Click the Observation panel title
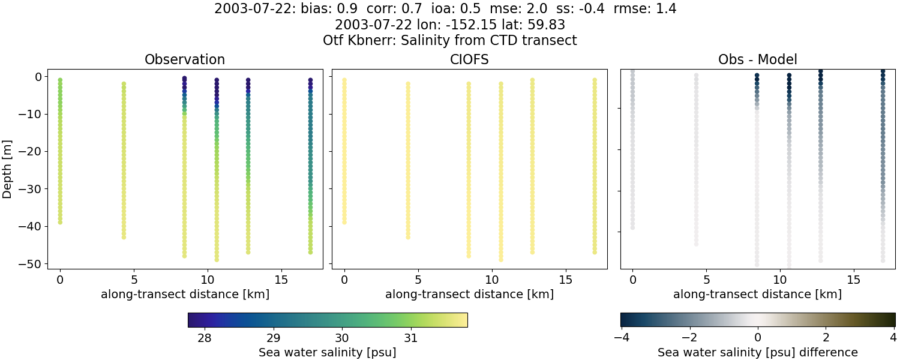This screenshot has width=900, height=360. coord(185,60)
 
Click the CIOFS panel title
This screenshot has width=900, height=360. coord(469,60)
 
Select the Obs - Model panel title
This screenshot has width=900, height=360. coord(757,60)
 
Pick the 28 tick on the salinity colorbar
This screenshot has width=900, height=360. coord(204,337)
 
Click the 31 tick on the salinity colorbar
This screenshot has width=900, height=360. coord(411,337)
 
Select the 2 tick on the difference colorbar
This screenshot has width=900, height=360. coord(826,337)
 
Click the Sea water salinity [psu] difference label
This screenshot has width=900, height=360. coord(757,352)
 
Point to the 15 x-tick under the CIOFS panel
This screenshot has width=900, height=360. coord(565,280)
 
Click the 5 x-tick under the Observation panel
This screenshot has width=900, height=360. coord(134,280)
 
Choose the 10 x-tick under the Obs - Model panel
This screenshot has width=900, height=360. coord(780,280)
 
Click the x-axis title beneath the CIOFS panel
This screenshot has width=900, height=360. coord(469,295)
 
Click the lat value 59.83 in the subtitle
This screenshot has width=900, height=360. coord(546,25)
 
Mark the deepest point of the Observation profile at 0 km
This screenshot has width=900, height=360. coord(60,222)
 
